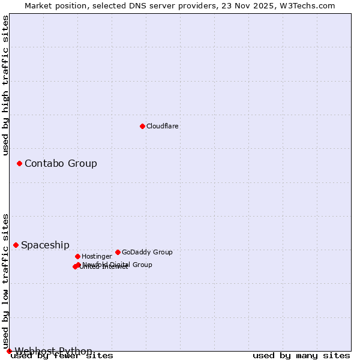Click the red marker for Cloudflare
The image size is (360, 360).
pos(142,126)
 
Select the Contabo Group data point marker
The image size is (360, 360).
pos(19,163)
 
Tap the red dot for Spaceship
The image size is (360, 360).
pos(16,245)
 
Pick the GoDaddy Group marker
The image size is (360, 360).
pos(118,252)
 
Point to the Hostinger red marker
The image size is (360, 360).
pos(77,256)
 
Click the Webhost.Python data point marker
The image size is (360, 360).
pos(9,351)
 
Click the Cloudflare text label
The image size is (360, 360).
pos(163,126)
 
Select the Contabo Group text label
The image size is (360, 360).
pos(61,163)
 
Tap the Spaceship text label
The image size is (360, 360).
pos(45,245)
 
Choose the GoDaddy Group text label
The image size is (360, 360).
pos(147,252)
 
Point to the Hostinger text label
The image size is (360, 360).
pos(97,256)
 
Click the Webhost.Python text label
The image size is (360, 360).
pos(53,351)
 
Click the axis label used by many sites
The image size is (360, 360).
pos(301,355)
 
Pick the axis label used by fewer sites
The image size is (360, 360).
pos(62,355)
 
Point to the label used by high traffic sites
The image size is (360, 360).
pos(5,85)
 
